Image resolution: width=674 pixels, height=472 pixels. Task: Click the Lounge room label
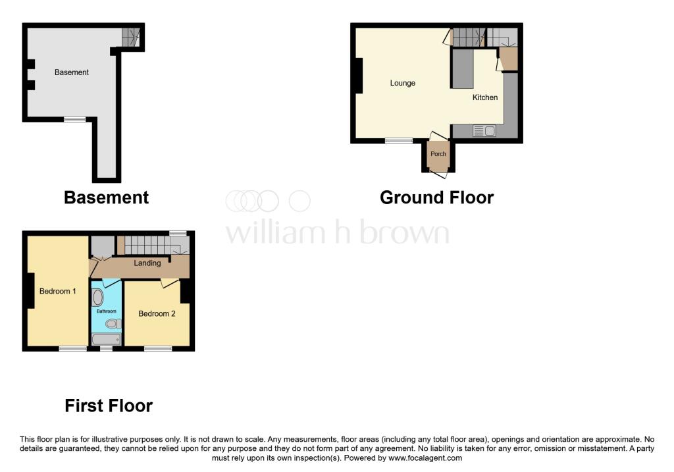tap(402, 83)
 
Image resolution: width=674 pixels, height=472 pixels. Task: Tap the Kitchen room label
tap(485, 97)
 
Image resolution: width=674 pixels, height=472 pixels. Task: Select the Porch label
tap(438, 154)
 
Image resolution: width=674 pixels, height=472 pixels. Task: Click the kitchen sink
tap(484, 131)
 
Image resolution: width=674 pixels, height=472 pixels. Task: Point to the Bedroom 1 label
tap(58, 291)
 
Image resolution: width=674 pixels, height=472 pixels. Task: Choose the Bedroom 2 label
tap(157, 313)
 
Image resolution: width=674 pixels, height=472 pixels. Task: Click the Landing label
tap(147, 263)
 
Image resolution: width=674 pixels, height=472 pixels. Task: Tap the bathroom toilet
tap(113, 323)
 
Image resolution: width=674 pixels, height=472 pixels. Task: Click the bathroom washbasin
tap(98, 298)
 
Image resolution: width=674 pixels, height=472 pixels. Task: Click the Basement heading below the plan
tap(106, 197)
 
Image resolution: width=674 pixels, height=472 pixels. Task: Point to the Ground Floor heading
tap(436, 197)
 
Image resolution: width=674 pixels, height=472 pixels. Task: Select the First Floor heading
tap(109, 406)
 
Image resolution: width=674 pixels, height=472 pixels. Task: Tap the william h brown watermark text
tap(337, 233)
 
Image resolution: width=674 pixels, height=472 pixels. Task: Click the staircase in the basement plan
tap(132, 37)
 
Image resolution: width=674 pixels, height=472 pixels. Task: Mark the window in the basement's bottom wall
tap(74, 119)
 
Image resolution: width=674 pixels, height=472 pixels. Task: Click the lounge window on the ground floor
tap(399, 140)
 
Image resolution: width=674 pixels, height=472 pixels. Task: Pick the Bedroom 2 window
tap(157, 348)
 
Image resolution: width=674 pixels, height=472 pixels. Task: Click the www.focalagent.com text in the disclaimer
tap(425, 458)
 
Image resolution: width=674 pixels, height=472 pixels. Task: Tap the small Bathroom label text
tap(107, 311)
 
